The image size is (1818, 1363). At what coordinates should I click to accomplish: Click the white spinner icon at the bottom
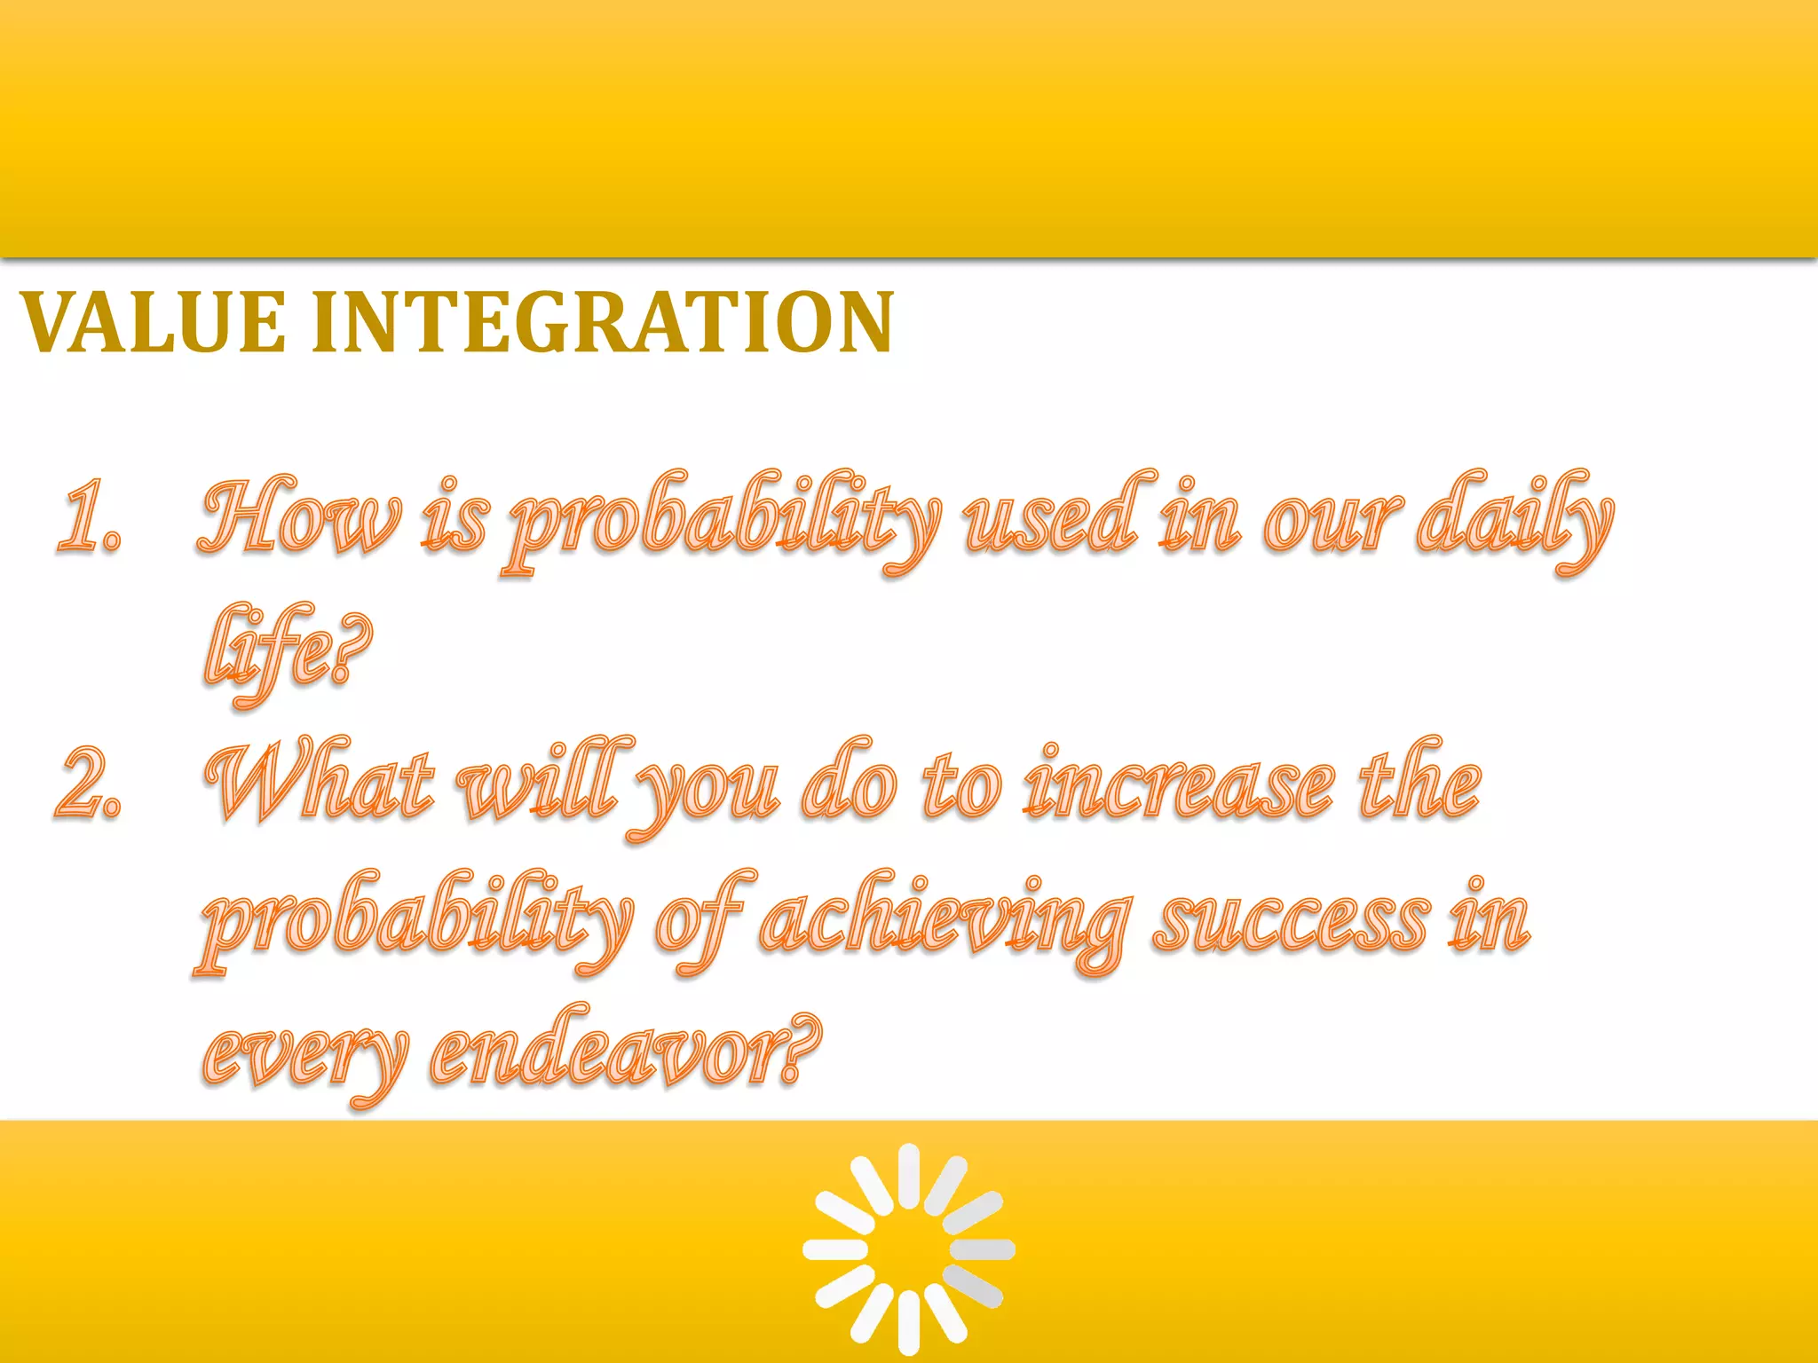tap(909, 1249)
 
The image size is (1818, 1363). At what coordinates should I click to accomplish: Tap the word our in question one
tap(1332, 524)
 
